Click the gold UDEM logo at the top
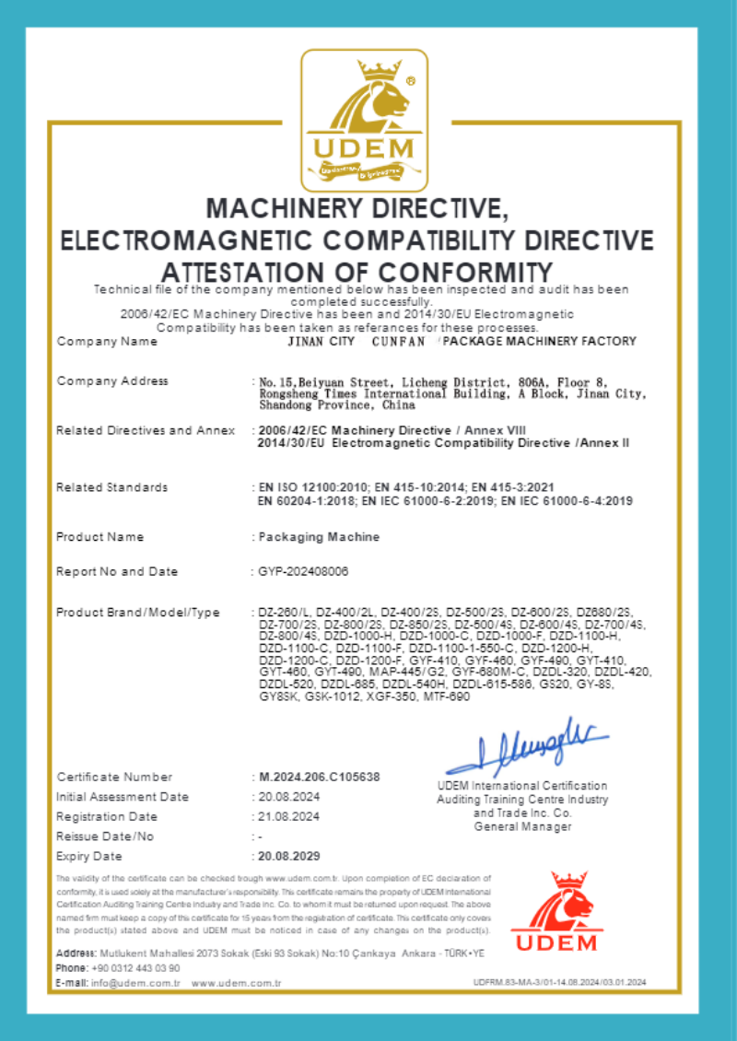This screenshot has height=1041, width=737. point(365,119)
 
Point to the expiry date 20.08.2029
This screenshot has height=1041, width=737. point(290,856)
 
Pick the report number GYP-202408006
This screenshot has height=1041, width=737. point(304,571)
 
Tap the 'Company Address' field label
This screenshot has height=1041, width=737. point(112,380)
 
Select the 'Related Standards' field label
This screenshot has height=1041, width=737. point(112,486)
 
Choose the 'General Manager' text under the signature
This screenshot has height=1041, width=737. point(522,826)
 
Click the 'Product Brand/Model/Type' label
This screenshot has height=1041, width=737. point(138,612)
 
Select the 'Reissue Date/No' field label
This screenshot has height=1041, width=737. point(105,836)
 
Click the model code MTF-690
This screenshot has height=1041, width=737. point(446,697)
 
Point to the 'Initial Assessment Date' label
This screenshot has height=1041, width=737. point(123,796)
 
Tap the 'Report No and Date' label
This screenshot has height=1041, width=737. point(117,571)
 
